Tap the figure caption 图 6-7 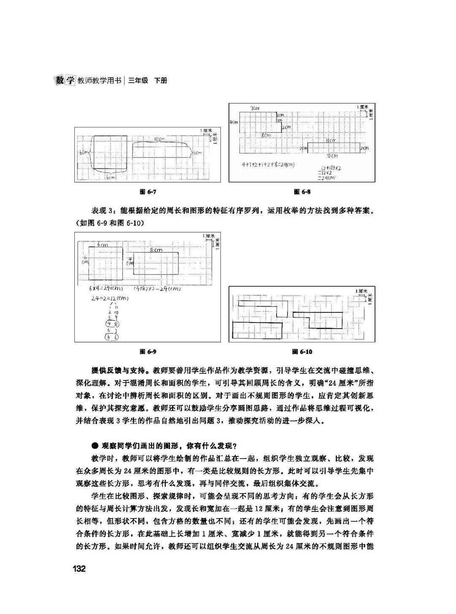click(x=148, y=192)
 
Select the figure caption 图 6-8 click(x=302, y=192)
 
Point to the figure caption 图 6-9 click(x=148, y=351)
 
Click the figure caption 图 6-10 click(x=302, y=351)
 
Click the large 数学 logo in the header click(x=65, y=80)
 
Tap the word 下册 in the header click(x=160, y=80)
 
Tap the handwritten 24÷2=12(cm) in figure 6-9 click(x=109, y=299)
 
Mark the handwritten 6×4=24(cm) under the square click(x=106, y=289)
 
